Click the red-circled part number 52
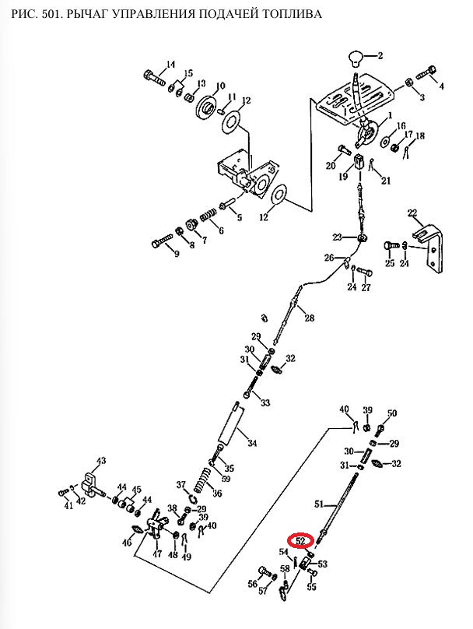click(300, 541)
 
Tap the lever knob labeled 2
click(356, 58)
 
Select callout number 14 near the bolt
click(170, 64)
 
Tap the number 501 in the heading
click(47, 14)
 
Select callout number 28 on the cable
click(309, 318)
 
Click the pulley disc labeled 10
click(208, 107)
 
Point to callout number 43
click(100, 461)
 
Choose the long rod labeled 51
click(338, 508)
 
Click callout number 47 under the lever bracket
click(157, 554)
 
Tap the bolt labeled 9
click(162, 241)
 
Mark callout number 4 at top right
click(441, 86)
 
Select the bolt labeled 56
click(265, 572)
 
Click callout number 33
click(265, 402)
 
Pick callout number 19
click(343, 176)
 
